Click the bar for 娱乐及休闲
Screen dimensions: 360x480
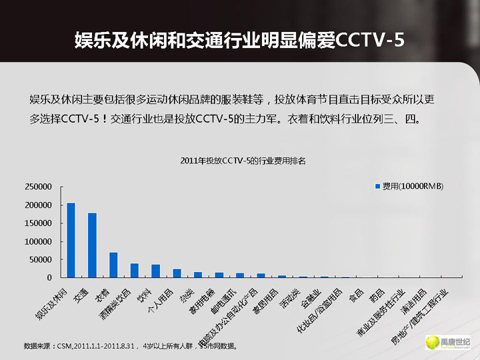coord(71,240)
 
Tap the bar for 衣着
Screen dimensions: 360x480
coord(113,265)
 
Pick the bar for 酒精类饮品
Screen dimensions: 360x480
coord(134,270)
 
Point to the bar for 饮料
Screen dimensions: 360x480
coord(155,271)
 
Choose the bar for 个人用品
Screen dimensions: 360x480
coord(177,273)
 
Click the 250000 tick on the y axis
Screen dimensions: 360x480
coord(37,187)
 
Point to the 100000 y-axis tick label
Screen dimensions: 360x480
coord(37,241)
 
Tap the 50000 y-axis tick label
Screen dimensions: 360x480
coord(39,259)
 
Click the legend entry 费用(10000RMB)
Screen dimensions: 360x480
coord(412,186)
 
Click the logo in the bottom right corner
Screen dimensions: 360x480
coord(448,342)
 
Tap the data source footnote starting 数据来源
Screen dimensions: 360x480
coord(130,346)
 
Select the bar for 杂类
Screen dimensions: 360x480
coord(198,274)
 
